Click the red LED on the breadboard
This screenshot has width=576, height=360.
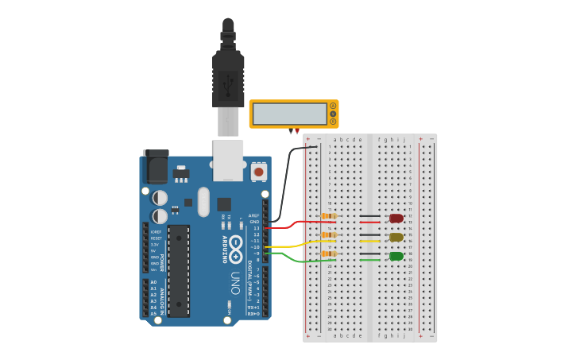[396, 218]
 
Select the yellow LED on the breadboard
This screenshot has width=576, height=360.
[396, 237]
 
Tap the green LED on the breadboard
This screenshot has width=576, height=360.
[396, 256]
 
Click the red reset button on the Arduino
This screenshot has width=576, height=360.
[258, 171]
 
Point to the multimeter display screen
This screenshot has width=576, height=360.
[288, 114]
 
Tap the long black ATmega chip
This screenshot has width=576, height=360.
[179, 270]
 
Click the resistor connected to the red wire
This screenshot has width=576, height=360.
[328, 215]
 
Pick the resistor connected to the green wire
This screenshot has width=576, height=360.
[328, 254]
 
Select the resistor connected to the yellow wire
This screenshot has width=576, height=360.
[328, 235]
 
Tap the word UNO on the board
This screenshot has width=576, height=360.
[235, 283]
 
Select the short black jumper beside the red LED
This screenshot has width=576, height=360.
[369, 215]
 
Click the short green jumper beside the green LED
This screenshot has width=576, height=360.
[369, 260]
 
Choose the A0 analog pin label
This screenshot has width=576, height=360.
[153, 282]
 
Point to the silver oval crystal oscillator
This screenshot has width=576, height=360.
[203, 202]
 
